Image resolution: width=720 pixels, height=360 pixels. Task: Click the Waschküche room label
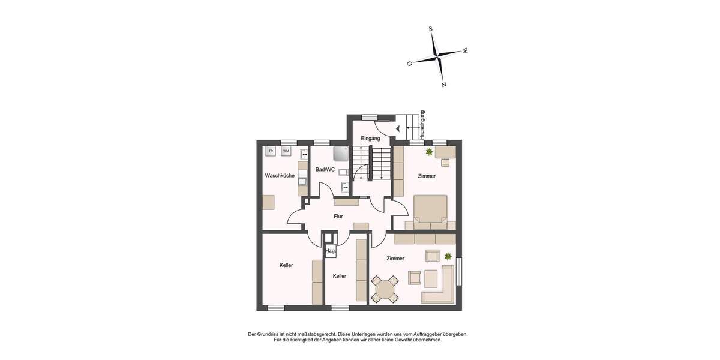click(280, 176)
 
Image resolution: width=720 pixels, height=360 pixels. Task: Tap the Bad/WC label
click(325, 170)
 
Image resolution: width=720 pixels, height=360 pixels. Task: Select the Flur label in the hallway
click(338, 216)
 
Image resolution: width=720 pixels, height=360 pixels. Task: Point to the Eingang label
click(370, 139)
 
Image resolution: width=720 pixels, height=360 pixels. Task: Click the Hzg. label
click(330, 251)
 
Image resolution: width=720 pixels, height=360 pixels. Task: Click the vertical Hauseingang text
click(423, 125)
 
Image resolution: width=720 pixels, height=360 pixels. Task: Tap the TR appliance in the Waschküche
click(271, 151)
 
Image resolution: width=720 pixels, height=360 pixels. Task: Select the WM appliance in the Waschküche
click(286, 151)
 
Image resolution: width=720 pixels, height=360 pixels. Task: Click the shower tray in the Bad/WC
click(340, 154)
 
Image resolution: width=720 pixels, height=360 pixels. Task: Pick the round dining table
click(384, 289)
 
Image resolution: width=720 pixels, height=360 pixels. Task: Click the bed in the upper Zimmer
click(431, 209)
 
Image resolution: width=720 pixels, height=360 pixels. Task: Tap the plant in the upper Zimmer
click(429, 152)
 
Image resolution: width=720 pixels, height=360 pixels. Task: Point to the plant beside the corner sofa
click(448, 256)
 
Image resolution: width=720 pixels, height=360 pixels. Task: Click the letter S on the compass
click(431, 29)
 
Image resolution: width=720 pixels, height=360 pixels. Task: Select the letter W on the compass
click(465, 51)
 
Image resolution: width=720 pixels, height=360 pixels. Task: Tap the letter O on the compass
click(409, 63)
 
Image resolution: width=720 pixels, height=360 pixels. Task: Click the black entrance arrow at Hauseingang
click(398, 128)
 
